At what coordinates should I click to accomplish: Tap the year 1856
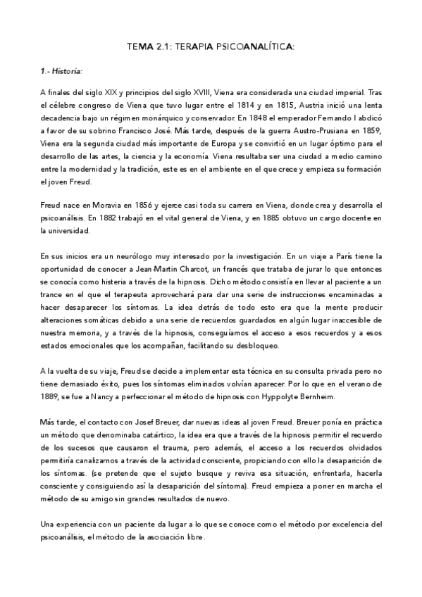[137, 205]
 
